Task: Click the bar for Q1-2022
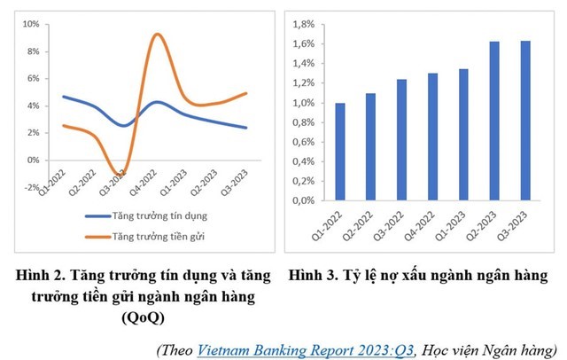point(340,152)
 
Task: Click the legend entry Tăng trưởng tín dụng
point(160,215)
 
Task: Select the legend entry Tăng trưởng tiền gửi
point(159,237)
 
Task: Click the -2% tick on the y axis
point(30,188)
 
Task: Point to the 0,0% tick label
point(302,200)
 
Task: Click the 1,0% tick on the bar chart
point(302,103)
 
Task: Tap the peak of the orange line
point(157,35)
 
